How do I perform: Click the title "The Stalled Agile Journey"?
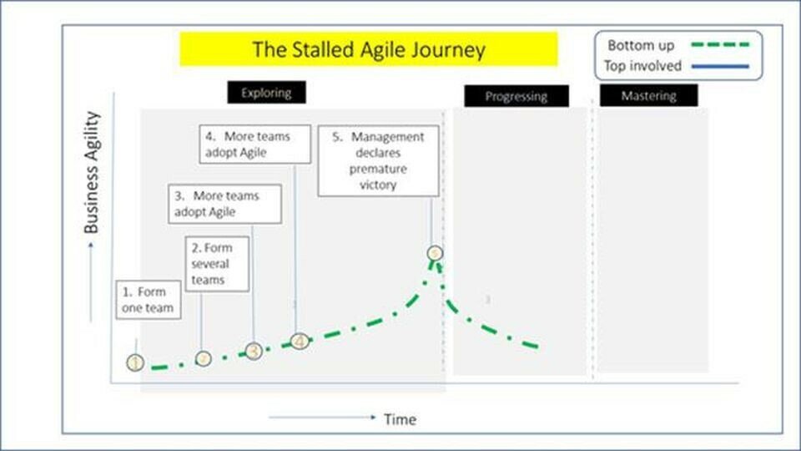[369, 49]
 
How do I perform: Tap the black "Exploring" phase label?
[266, 93]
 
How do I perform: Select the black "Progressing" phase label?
[516, 96]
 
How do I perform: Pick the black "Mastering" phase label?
[648, 95]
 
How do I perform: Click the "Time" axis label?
[400, 419]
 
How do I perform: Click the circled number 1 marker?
[136, 362]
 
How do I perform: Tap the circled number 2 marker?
[204, 358]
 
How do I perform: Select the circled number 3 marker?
[254, 352]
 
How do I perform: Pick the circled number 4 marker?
[300, 341]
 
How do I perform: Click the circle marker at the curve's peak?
[435, 252]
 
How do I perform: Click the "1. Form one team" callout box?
[149, 300]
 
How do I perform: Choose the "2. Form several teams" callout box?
[217, 263]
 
